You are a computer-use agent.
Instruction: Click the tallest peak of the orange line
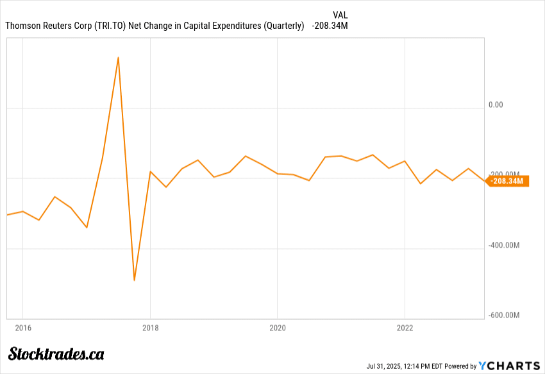(119, 58)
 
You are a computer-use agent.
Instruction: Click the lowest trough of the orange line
(134, 280)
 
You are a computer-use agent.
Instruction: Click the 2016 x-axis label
(22, 327)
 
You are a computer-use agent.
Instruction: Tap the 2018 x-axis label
(150, 327)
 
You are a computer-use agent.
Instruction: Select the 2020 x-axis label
(277, 327)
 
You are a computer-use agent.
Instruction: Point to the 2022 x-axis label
(405, 327)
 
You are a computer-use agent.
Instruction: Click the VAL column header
(341, 15)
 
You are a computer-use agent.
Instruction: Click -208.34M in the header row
(330, 26)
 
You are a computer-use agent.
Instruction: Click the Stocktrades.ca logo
(56, 353)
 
